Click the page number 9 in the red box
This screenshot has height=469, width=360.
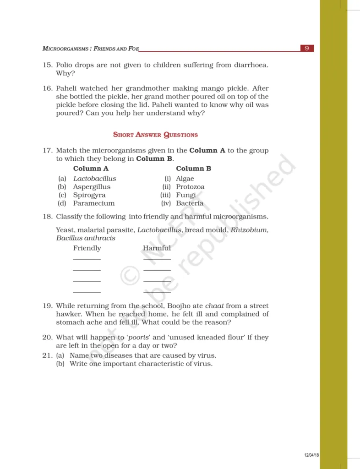[307, 48]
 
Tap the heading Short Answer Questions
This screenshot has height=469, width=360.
[155, 135]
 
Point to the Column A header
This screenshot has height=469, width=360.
[91, 168]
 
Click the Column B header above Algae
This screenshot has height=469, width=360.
[193, 168]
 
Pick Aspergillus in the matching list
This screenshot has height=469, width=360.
[92, 187]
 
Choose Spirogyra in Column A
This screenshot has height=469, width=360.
[89, 195]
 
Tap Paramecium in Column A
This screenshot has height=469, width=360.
[94, 203]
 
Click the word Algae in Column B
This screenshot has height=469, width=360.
[185, 179]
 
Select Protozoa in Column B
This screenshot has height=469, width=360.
[190, 187]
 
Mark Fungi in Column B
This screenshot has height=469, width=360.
[185, 195]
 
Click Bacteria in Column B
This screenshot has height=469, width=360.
[190, 203]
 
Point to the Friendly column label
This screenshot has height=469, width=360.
[87, 248]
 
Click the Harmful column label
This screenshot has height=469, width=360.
[157, 248]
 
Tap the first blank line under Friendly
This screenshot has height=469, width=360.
[87, 259]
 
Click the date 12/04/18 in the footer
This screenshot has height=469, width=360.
[311, 455]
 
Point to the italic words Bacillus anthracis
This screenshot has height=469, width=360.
[86, 238]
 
